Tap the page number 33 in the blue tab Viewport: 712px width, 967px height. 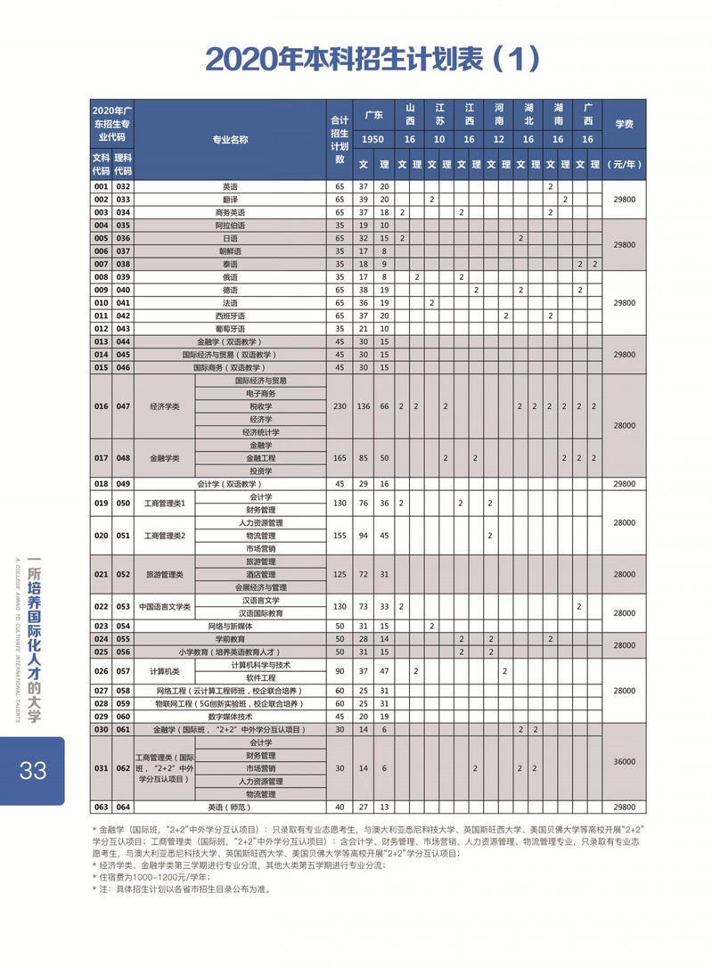coord(33,769)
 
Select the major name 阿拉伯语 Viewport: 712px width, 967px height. coord(230,225)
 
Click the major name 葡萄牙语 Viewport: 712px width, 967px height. coord(230,329)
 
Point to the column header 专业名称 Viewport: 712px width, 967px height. coord(230,140)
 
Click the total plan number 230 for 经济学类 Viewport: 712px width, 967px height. coord(339,406)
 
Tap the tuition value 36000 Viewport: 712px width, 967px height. coord(624,762)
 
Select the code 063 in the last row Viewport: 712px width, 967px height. coord(101,807)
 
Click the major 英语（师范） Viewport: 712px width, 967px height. coord(230,807)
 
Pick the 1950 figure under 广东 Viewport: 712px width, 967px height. coord(373,140)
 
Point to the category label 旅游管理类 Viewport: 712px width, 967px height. coord(165,575)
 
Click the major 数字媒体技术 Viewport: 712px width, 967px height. coord(230,717)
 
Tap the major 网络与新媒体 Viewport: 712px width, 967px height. coord(230,627)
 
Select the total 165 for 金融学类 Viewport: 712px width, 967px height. coord(339,458)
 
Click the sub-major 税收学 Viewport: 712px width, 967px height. coord(260,406)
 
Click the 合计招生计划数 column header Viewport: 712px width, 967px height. coord(339,139)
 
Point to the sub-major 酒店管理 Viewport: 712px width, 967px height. coord(260,575)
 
